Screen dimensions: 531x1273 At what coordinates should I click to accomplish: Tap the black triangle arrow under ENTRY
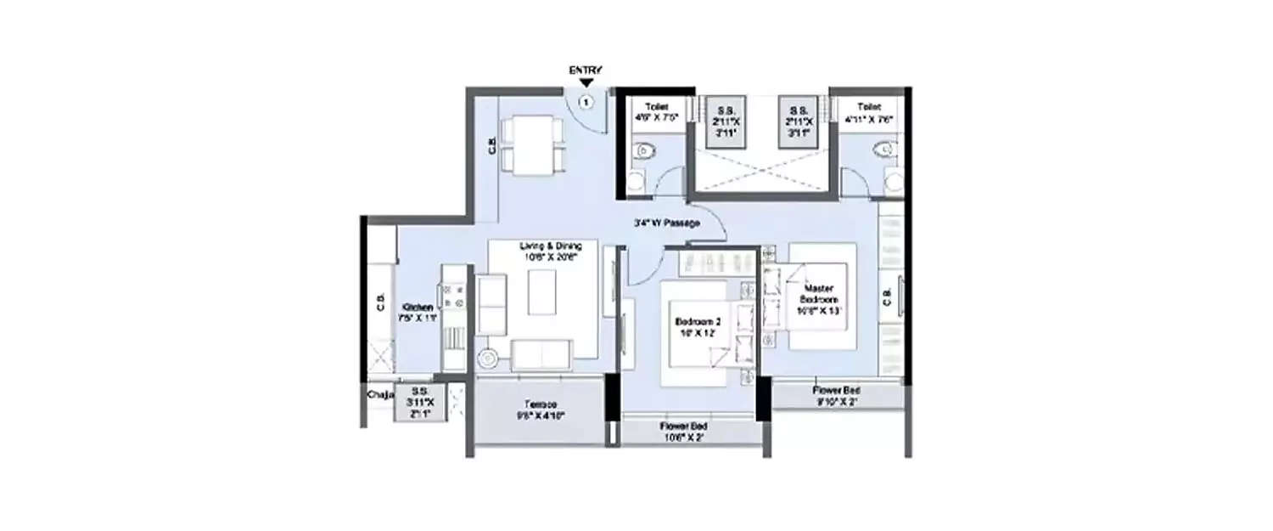[586, 83]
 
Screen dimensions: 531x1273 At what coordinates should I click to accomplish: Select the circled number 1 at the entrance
[586, 102]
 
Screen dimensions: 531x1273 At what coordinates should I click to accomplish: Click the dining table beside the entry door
[531, 146]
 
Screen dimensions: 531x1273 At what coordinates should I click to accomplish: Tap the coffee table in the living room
[543, 292]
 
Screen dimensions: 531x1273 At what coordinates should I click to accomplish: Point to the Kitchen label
[418, 312]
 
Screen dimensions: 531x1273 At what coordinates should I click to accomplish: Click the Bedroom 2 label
[698, 327]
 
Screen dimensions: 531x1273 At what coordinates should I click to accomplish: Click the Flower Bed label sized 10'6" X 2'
[684, 431]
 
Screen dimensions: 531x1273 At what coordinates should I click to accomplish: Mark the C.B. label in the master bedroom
[887, 297]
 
